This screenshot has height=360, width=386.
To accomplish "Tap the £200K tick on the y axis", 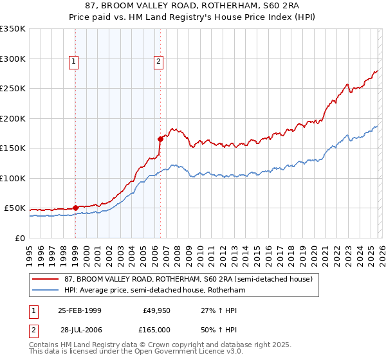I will [12, 118].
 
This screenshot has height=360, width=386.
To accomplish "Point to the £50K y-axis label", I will [15, 208].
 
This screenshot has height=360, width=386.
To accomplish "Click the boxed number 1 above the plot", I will [75, 62].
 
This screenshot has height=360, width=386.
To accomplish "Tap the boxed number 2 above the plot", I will [158, 62].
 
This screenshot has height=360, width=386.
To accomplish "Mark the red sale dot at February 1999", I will [76, 208].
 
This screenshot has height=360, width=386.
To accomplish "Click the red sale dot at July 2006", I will [160, 138].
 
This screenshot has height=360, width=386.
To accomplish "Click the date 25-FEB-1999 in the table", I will [80, 310].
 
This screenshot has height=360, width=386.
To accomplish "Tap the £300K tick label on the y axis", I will [12, 59].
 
